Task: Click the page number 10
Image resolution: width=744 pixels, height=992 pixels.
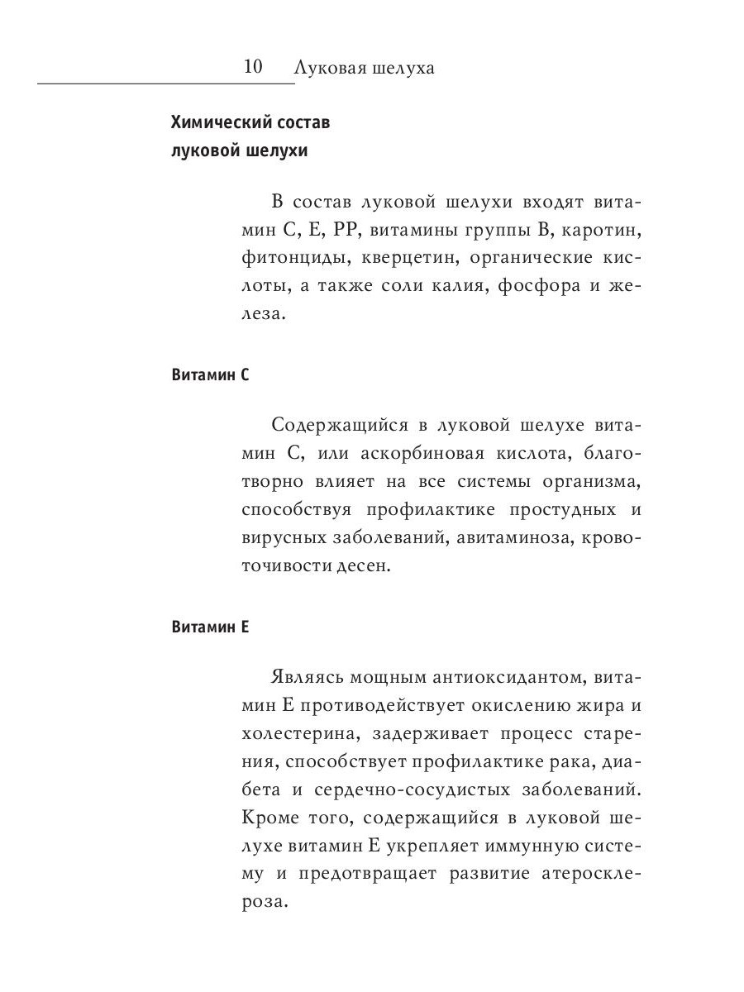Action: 253,67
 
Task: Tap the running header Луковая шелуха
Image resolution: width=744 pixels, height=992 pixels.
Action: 364,68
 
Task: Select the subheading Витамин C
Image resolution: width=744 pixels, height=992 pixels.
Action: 210,374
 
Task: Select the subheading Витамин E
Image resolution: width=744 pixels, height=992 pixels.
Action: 210,627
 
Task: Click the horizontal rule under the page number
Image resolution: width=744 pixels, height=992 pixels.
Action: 165,83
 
